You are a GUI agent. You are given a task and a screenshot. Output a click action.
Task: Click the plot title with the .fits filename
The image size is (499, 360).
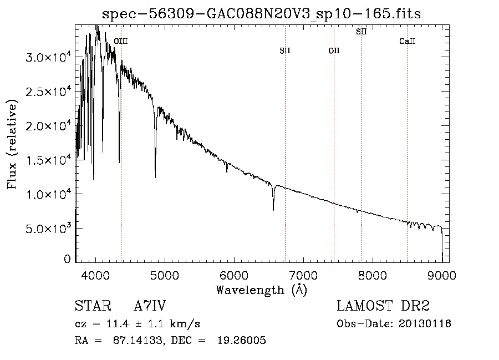(261, 14)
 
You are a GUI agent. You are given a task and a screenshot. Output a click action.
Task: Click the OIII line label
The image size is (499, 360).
(121, 41)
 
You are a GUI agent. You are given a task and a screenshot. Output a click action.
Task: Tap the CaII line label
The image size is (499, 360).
(408, 41)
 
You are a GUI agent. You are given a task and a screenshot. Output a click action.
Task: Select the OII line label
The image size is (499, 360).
(334, 50)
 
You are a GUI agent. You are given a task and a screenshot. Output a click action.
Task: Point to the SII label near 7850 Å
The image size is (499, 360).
(361, 32)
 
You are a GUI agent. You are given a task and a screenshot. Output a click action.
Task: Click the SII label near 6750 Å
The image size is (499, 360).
(285, 50)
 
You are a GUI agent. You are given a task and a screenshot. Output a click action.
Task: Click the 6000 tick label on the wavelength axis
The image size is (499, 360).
(234, 275)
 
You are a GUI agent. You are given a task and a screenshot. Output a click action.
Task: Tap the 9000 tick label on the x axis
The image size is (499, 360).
(442, 275)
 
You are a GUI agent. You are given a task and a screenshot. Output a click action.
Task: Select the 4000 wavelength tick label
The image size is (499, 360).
(95, 275)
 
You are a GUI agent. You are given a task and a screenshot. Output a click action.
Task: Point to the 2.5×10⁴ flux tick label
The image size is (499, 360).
(48, 92)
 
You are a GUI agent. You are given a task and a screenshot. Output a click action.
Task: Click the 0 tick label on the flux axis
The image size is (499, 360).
(67, 259)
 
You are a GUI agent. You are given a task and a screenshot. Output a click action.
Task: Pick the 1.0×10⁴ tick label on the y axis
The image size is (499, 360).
(48, 194)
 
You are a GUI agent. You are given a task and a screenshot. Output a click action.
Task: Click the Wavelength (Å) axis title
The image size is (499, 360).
(262, 290)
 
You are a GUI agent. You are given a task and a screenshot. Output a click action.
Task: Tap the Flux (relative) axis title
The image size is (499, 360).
(12, 144)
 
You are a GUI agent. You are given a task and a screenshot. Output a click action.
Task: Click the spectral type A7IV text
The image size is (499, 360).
(150, 306)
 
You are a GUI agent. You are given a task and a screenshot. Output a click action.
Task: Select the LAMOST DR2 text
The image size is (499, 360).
(383, 306)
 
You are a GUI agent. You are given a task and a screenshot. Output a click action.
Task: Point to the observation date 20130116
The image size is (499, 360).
(425, 324)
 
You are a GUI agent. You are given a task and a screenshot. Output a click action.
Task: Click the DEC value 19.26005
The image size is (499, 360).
(242, 340)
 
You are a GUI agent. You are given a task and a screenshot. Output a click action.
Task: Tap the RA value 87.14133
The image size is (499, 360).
(138, 340)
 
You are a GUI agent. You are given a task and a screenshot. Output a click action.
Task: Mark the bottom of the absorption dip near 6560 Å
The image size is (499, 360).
(273, 210)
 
